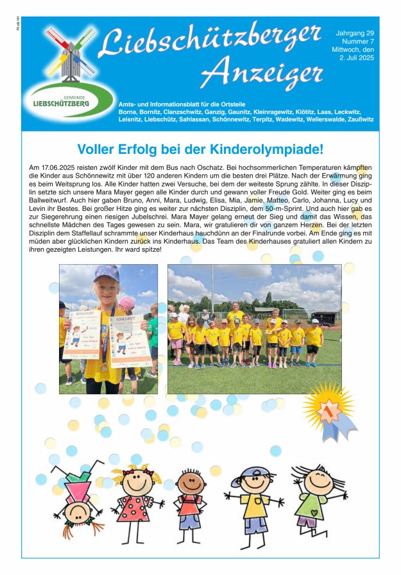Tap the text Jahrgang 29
tap(355, 33)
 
